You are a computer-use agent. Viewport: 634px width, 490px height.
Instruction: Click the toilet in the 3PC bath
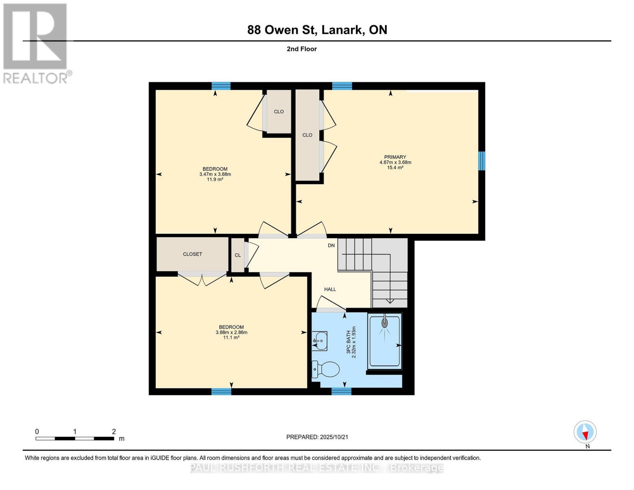[x=327, y=370]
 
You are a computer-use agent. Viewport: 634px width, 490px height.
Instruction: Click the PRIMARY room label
[x=395, y=157]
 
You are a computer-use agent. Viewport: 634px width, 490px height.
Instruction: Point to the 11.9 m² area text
[x=215, y=179]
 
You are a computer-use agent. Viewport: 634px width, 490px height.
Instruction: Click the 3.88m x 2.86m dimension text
[x=231, y=332]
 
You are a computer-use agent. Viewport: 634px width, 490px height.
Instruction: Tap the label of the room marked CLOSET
[x=192, y=254]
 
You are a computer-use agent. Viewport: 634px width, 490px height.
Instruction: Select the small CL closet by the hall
[x=238, y=255]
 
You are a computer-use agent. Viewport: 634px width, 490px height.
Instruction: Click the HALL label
[x=330, y=289]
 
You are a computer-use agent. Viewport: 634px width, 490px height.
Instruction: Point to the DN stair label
[x=331, y=245]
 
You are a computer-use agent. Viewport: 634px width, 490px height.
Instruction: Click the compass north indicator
[x=585, y=432]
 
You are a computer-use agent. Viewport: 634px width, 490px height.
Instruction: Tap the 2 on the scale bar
[x=114, y=432]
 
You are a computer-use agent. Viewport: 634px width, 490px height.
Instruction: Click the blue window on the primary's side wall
[x=482, y=160]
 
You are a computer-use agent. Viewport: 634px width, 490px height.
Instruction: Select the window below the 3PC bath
[x=341, y=392]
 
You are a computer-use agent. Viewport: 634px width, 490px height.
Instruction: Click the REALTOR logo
[x=36, y=43]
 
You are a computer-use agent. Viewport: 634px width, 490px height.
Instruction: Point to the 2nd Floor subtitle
[x=302, y=49]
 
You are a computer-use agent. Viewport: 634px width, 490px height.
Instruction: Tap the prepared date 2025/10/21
[x=334, y=437]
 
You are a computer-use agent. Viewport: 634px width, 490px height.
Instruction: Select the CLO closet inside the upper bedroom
[x=279, y=111]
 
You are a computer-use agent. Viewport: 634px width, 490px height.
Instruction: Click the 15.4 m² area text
[x=395, y=167]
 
